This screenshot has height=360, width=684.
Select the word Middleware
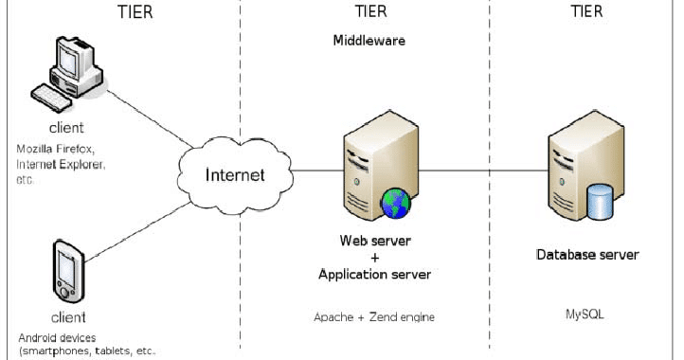[369, 42]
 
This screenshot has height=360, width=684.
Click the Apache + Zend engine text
[374, 316]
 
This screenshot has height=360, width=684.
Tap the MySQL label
[585, 314]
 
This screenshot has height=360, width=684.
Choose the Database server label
[587, 255]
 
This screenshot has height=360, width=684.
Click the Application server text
[374, 275]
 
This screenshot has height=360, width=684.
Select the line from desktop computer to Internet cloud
[142, 119]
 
